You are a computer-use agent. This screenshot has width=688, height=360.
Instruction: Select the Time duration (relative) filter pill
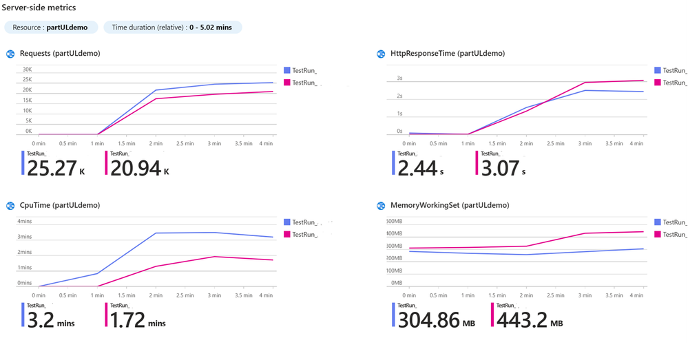[172, 27]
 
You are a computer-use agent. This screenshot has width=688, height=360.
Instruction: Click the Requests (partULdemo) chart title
[60, 54]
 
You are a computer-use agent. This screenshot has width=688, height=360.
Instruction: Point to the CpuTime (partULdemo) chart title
[60, 205]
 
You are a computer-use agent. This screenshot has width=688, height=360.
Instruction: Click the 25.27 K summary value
[52, 169]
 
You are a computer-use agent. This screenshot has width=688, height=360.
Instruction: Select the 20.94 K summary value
[135, 169]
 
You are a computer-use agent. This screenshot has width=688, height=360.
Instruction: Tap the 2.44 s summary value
[417, 169]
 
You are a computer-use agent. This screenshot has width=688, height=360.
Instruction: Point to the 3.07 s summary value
[501, 169]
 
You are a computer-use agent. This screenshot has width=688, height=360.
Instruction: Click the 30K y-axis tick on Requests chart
[28, 70]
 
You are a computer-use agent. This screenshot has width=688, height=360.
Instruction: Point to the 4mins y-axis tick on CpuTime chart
[25, 221]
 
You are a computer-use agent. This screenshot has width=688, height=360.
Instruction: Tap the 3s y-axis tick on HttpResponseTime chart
[399, 78]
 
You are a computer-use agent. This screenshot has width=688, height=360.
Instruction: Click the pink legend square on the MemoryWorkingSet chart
[657, 234]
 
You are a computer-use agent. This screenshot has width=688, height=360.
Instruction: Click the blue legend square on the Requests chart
[286, 70]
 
